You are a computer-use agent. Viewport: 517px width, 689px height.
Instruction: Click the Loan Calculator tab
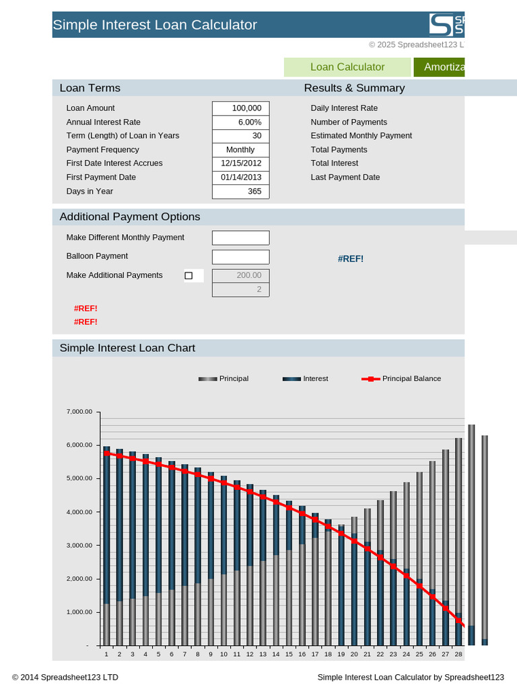point(347,67)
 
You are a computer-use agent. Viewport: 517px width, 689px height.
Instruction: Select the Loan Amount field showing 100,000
point(240,108)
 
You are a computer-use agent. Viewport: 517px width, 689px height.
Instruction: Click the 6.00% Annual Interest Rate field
point(240,122)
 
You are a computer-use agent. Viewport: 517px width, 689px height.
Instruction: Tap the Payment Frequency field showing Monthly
point(240,150)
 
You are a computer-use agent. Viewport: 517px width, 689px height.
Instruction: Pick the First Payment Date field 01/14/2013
point(240,178)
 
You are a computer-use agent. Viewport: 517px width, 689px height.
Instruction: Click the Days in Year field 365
point(240,192)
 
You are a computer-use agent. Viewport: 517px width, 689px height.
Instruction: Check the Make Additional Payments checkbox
point(188,275)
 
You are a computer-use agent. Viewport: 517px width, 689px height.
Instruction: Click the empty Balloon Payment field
point(240,257)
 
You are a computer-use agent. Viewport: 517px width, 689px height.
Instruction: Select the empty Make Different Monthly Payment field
point(240,238)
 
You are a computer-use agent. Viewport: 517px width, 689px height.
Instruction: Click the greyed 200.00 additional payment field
point(240,276)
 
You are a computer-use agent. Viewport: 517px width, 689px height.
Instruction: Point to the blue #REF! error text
point(351,259)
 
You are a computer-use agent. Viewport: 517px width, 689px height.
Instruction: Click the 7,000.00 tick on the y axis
point(78,412)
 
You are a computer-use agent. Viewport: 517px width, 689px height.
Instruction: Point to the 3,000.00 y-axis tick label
point(78,546)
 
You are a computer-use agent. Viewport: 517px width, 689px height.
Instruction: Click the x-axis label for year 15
point(289,654)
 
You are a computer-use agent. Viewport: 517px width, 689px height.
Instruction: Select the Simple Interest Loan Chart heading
point(127,348)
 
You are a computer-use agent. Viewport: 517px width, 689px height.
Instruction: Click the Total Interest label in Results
point(335,164)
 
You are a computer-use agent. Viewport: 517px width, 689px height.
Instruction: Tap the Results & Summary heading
point(354,88)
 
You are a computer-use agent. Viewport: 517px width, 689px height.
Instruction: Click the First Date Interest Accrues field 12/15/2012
point(240,164)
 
